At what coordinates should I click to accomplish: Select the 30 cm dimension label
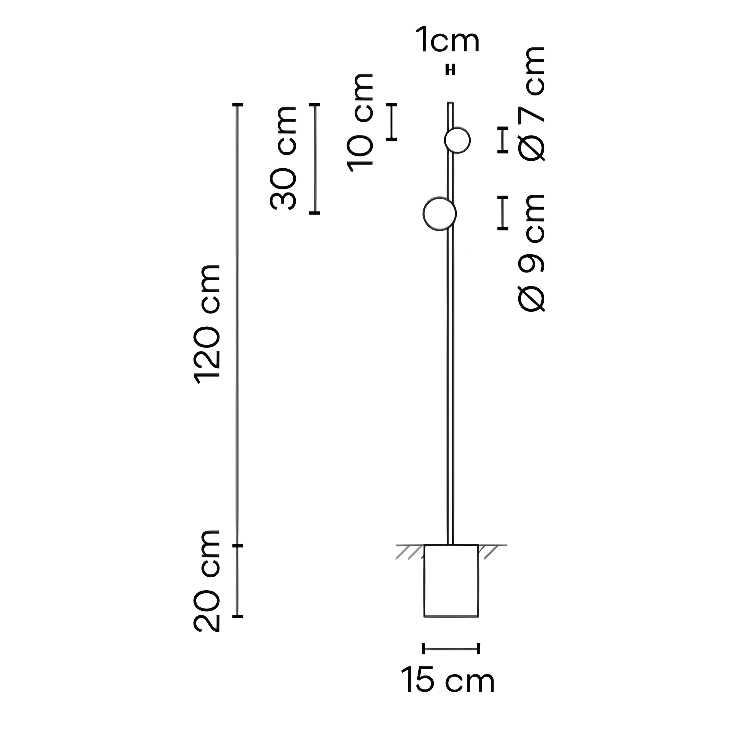click(283, 158)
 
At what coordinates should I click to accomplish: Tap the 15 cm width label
click(448, 681)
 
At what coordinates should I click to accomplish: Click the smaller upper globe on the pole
click(457, 140)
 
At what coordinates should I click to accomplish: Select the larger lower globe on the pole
click(439, 214)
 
